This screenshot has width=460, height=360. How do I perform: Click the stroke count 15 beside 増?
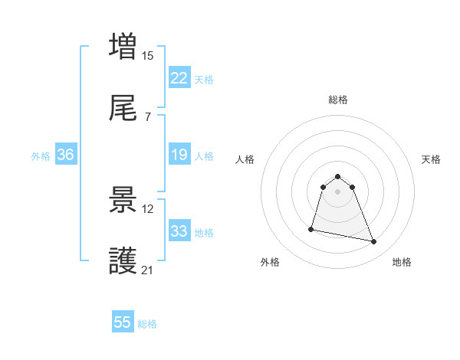[x=148, y=55]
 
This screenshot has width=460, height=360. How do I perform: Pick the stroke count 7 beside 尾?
[x=147, y=116]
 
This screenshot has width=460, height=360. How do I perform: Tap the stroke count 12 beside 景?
[x=148, y=209]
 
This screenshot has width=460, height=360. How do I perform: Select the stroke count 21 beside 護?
[x=148, y=270]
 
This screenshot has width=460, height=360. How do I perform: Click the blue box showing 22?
[x=179, y=78]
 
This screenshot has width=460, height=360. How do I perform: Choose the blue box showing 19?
[x=179, y=155]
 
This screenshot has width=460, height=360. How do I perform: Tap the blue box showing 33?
[x=179, y=232]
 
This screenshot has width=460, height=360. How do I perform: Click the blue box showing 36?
[x=65, y=155]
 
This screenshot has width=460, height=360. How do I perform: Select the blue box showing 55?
[x=123, y=323]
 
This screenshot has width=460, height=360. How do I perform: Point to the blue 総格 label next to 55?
[x=147, y=324]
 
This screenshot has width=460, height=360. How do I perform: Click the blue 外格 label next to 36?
[x=41, y=156]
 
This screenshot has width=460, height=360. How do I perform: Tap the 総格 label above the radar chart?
[x=338, y=100]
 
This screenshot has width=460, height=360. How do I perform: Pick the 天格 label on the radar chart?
[x=431, y=159]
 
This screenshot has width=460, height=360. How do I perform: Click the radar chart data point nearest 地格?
[x=374, y=242]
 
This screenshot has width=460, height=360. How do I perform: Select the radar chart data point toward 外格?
[x=311, y=228]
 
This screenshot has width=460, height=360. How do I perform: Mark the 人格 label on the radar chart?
[x=245, y=159]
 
